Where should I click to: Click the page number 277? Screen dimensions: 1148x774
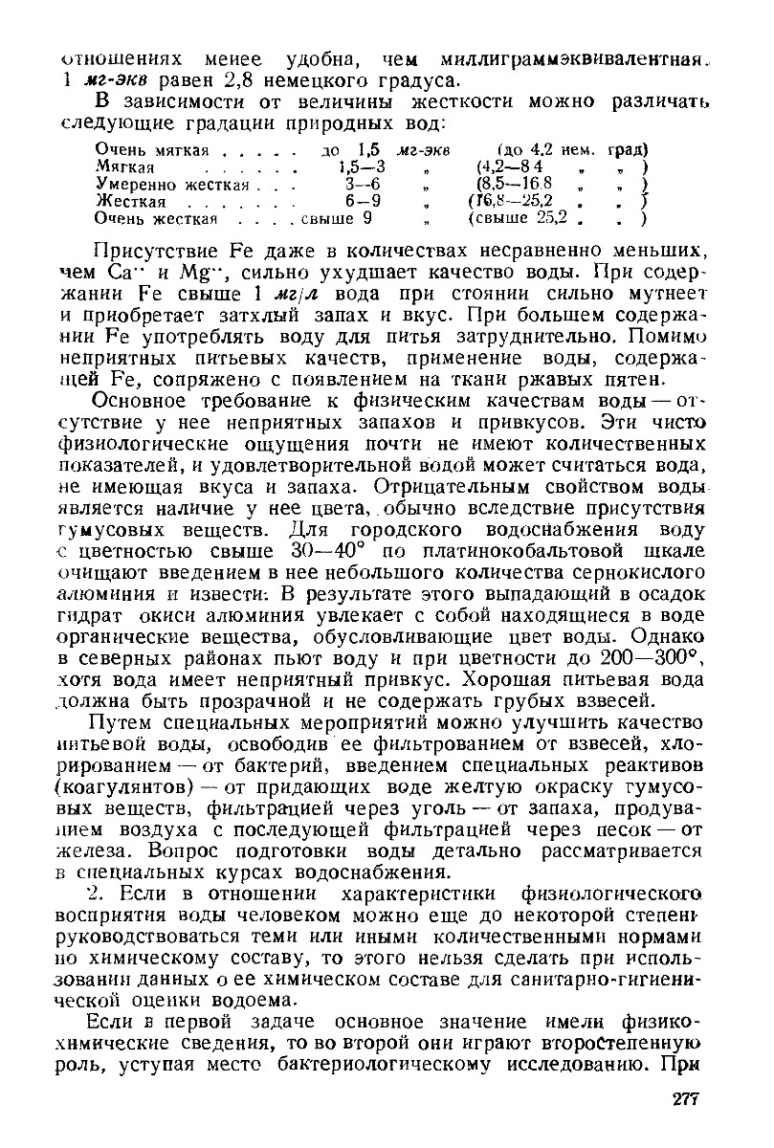tap(686, 1099)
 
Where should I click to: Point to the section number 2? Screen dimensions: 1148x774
tap(109, 897)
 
